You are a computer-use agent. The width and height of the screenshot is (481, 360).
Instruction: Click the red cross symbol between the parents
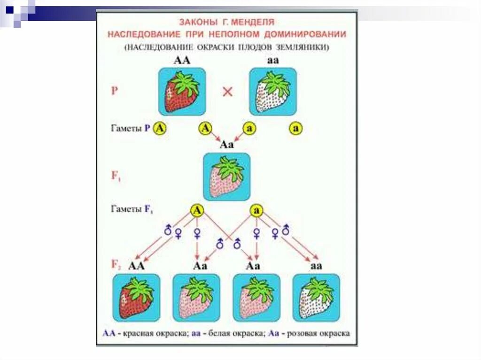227,92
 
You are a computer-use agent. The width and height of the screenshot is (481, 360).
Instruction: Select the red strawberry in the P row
182,92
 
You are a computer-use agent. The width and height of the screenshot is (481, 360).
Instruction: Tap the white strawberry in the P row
272,92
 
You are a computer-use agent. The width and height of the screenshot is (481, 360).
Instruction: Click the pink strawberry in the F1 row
226,177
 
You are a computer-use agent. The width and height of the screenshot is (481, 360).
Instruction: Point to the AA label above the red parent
182,61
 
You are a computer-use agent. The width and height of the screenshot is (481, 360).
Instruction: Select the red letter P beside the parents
115,91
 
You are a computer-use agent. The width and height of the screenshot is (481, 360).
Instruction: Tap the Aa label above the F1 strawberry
227,145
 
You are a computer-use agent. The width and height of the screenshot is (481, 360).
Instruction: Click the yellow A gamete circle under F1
197,210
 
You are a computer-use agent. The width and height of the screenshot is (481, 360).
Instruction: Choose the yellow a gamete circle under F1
256,210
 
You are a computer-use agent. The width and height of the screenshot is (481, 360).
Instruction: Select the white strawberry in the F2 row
316,298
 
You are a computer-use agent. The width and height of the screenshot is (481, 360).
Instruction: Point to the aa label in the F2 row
317,266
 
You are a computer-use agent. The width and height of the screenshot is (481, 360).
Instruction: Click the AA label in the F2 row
137,266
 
